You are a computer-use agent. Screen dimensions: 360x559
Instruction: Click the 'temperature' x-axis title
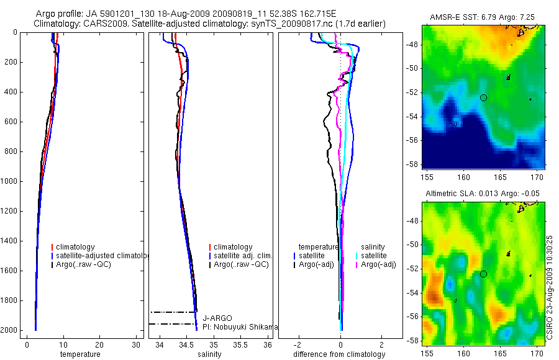coord(80,354)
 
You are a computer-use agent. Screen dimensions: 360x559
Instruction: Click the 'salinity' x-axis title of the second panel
coord(209,354)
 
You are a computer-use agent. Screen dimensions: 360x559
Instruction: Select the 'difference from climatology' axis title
coord(339,354)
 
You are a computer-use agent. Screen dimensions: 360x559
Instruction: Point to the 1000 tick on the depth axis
coord(9,181)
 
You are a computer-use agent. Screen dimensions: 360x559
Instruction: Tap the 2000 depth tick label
coord(9,330)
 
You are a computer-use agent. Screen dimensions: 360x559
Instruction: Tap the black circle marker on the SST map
coord(484,97)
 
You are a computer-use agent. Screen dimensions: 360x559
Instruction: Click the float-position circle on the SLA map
coord(484,274)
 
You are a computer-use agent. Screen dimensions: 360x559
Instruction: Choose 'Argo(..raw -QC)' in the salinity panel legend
coord(240,264)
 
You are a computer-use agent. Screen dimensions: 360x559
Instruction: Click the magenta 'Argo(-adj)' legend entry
coord(378,264)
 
